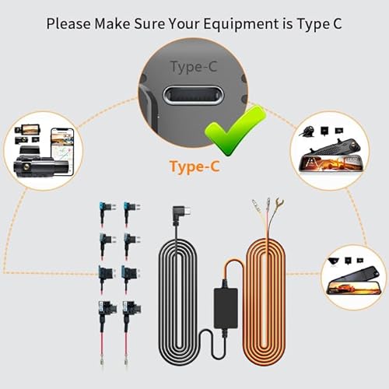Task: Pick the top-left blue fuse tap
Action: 102,209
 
